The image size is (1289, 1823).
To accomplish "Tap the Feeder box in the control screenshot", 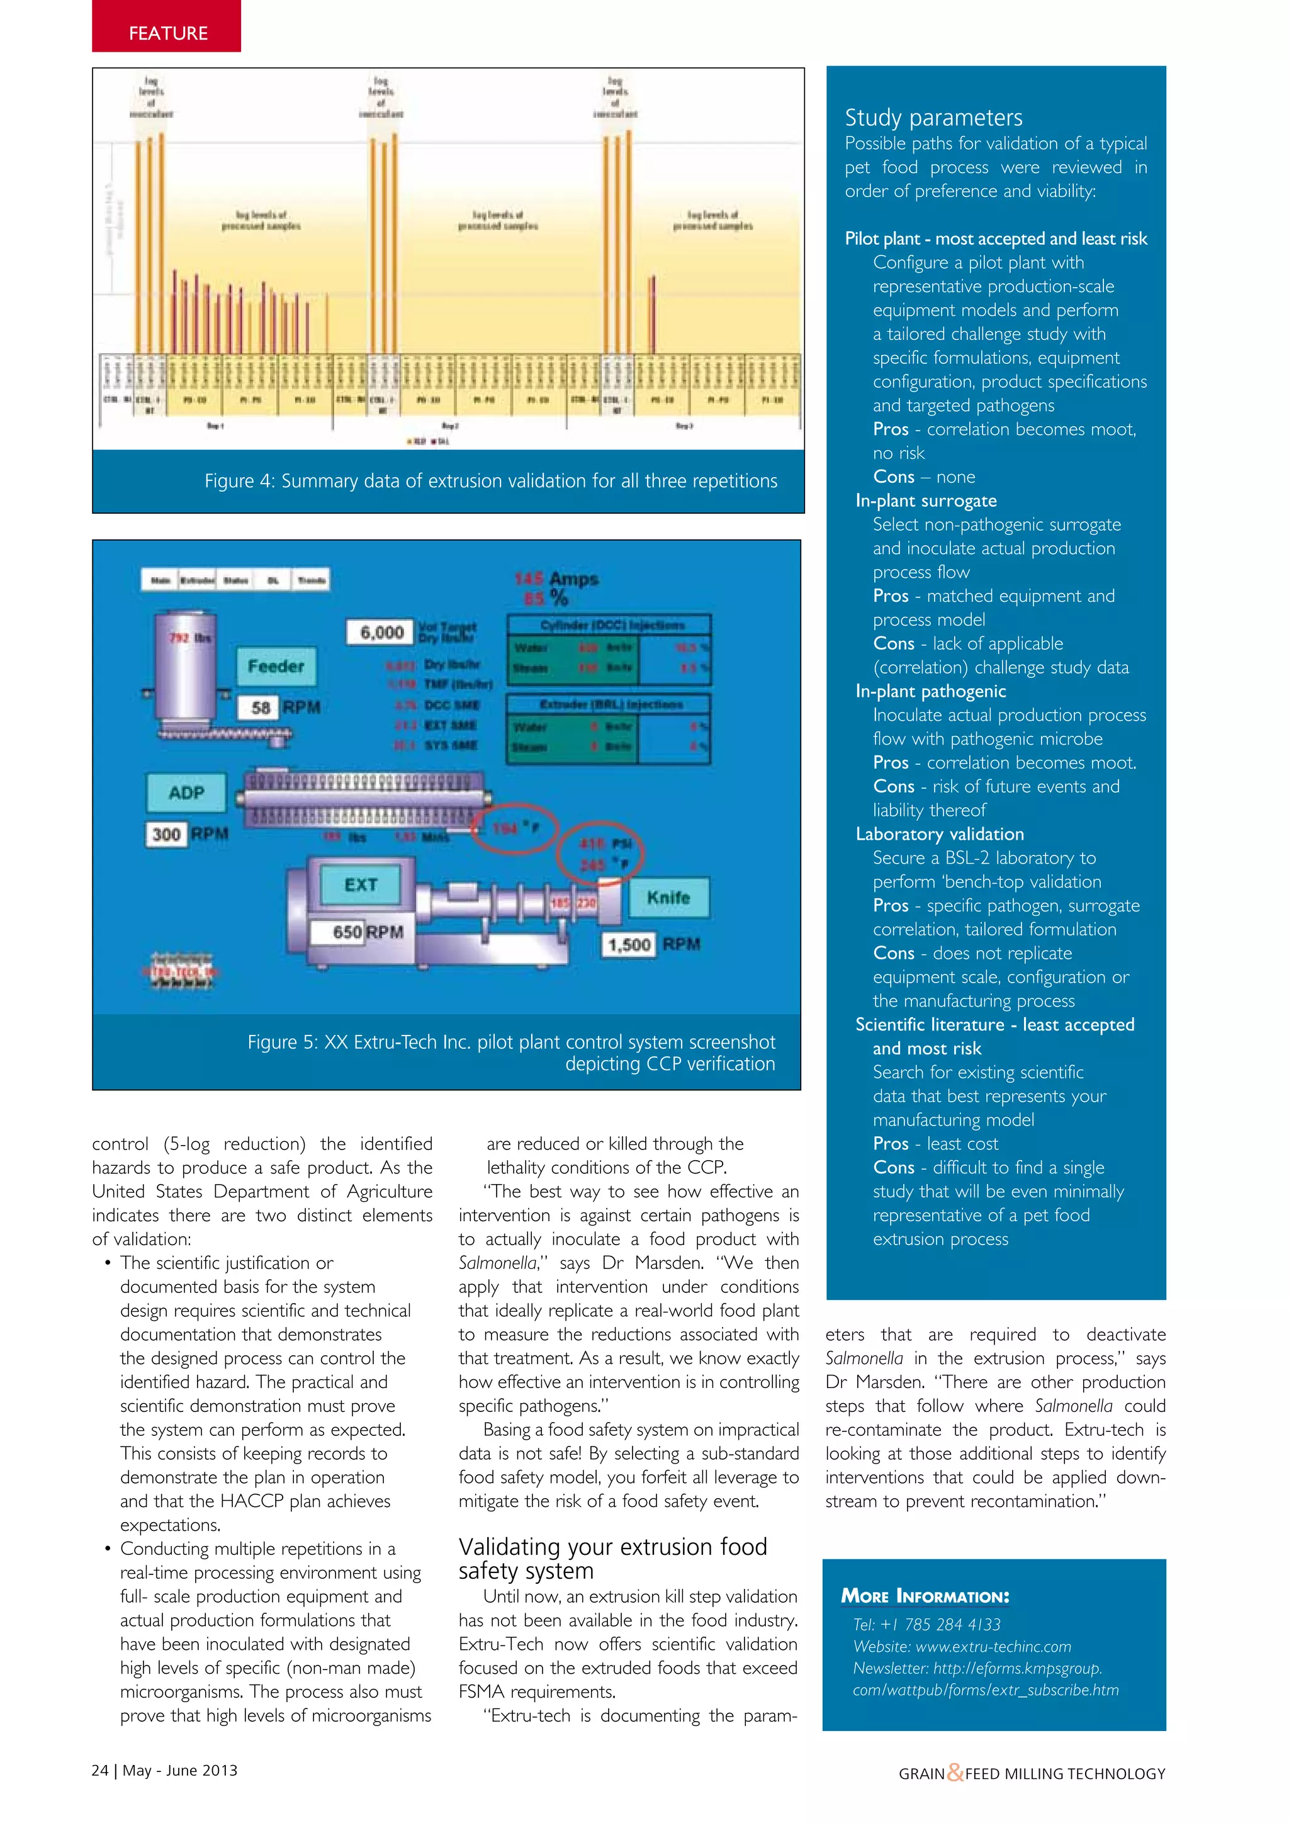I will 276,666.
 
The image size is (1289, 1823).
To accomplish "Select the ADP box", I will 186,793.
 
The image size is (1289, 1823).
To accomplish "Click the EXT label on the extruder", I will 361,884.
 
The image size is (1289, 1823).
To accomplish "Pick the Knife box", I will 668,897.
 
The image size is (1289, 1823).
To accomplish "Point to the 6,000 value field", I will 381,632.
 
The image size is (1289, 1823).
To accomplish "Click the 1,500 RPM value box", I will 629,945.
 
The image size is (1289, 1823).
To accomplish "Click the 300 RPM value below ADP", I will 167,833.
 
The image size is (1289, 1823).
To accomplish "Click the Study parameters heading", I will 933,118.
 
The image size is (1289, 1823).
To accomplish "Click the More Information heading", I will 925,1596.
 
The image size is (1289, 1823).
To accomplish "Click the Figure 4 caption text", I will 490,481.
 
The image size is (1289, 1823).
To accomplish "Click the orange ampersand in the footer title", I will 955,1772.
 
